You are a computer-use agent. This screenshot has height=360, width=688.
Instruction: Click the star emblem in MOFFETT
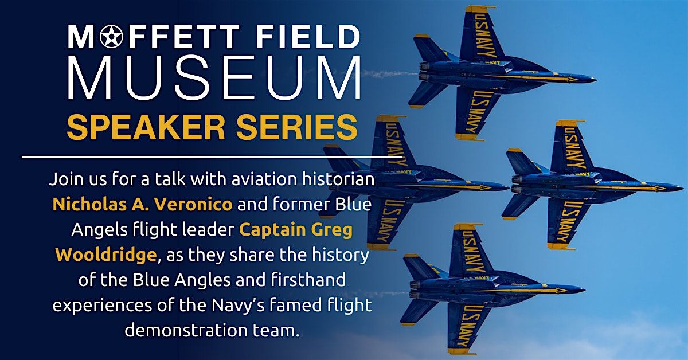click(111, 37)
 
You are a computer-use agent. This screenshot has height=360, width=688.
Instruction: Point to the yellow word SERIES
click(297, 127)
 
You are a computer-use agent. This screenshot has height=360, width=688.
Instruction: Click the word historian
click(338, 179)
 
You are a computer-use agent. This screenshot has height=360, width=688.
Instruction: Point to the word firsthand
click(308, 280)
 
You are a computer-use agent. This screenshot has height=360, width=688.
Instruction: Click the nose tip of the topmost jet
click(596, 80)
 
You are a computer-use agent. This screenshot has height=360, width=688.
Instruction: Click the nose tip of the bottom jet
click(584, 289)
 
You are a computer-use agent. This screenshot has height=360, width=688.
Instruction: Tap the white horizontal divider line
click(212, 157)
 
